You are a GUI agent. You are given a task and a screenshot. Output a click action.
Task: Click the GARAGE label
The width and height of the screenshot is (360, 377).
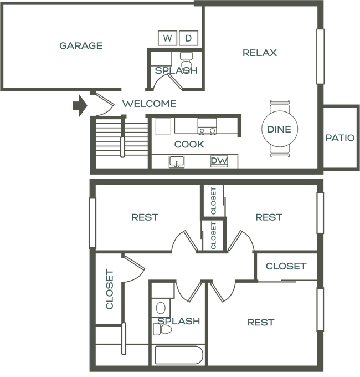pyautogui.click(x=81, y=46)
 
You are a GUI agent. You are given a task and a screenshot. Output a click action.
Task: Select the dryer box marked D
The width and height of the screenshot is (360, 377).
pyautogui.click(x=189, y=38)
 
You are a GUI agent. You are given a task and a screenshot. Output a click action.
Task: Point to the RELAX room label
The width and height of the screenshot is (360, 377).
pyautogui.click(x=260, y=53)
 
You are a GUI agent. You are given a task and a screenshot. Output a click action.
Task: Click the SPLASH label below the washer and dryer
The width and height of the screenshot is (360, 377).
pyautogui.click(x=176, y=71)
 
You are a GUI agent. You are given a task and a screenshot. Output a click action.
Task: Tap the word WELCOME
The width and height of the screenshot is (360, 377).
pyautogui.click(x=149, y=104)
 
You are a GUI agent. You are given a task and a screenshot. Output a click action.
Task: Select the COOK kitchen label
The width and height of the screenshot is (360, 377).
pyautogui.click(x=189, y=145)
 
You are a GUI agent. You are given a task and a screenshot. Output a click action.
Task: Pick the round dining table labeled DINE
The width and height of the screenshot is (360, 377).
pyautogui.click(x=280, y=129)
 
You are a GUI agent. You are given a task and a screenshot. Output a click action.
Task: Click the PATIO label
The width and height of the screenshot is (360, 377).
pyautogui.click(x=340, y=137)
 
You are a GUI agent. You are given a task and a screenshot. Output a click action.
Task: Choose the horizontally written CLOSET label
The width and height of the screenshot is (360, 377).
pyautogui.click(x=285, y=266)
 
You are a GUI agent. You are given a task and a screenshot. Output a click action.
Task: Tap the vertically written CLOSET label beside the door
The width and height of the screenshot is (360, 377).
pyautogui.click(x=110, y=289)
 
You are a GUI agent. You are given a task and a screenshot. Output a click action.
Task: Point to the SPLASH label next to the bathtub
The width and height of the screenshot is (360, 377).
pyautogui.click(x=178, y=321)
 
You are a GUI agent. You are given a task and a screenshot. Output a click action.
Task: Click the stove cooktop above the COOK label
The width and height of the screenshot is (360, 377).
pyautogui.click(x=207, y=131)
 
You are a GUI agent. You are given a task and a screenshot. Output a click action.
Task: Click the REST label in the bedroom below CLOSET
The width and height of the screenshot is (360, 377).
pyautogui.click(x=261, y=322)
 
